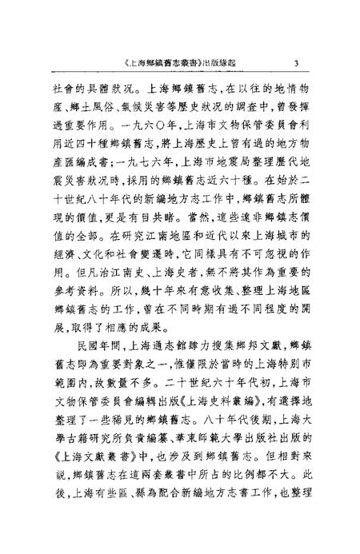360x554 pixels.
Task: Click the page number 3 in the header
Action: [296, 65]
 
